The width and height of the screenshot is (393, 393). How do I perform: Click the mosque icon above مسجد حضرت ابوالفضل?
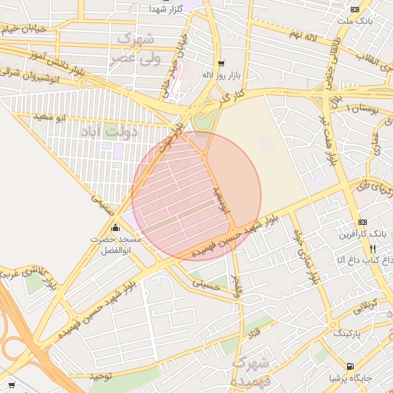pyautogui.click(x=116, y=227)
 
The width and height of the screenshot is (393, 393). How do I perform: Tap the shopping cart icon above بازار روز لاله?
pyautogui.click(x=221, y=64)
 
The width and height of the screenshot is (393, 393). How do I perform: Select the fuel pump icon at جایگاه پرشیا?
pyautogui.click(x=351, y=366)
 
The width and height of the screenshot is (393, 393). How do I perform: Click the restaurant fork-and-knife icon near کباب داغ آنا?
pyautogui.click(x=372, y=249)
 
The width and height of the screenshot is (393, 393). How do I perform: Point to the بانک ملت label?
pyautogui.click(x=358, y=20)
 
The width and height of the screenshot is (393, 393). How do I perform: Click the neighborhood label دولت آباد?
pyautogui.click(x=108, y=132)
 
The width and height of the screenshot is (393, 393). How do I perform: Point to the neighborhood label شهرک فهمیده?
pyautogui.click(x=250, y=371)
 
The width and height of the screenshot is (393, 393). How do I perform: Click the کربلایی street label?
pyautogui.click(x=361, y=307)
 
